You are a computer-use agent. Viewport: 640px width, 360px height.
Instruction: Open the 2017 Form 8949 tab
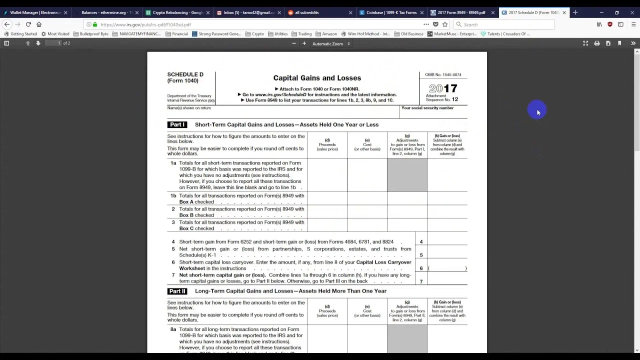click(461, 12)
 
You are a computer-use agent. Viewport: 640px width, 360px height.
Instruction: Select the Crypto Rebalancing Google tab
click(175, 12)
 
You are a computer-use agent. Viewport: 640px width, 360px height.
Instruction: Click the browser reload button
click(28, 24)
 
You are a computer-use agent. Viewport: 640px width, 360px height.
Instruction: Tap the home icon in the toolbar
click(39, 24)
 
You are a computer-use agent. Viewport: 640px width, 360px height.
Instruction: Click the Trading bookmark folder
click(301, 34)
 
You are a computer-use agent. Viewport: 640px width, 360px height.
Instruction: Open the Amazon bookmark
click(326, 34)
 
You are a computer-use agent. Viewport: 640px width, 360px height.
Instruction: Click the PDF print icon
click(596, 43)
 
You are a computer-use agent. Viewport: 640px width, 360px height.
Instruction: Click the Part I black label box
click(177, 124)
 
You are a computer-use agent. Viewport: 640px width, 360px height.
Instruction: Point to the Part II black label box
click(177, 291)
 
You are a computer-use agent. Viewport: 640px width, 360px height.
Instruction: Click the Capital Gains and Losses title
click(317, 78)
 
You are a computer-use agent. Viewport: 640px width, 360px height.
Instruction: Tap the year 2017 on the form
click(443, 88)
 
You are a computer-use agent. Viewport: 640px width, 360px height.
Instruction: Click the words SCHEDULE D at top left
click(185, 74)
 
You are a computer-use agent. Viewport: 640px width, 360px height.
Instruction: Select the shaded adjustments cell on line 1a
click(407, 175)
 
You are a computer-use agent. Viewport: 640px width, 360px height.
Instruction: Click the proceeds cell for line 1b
click(327, 198)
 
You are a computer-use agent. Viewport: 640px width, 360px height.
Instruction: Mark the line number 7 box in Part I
click(421, 281)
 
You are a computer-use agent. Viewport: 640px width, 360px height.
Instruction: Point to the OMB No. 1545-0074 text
click(443, 74)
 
